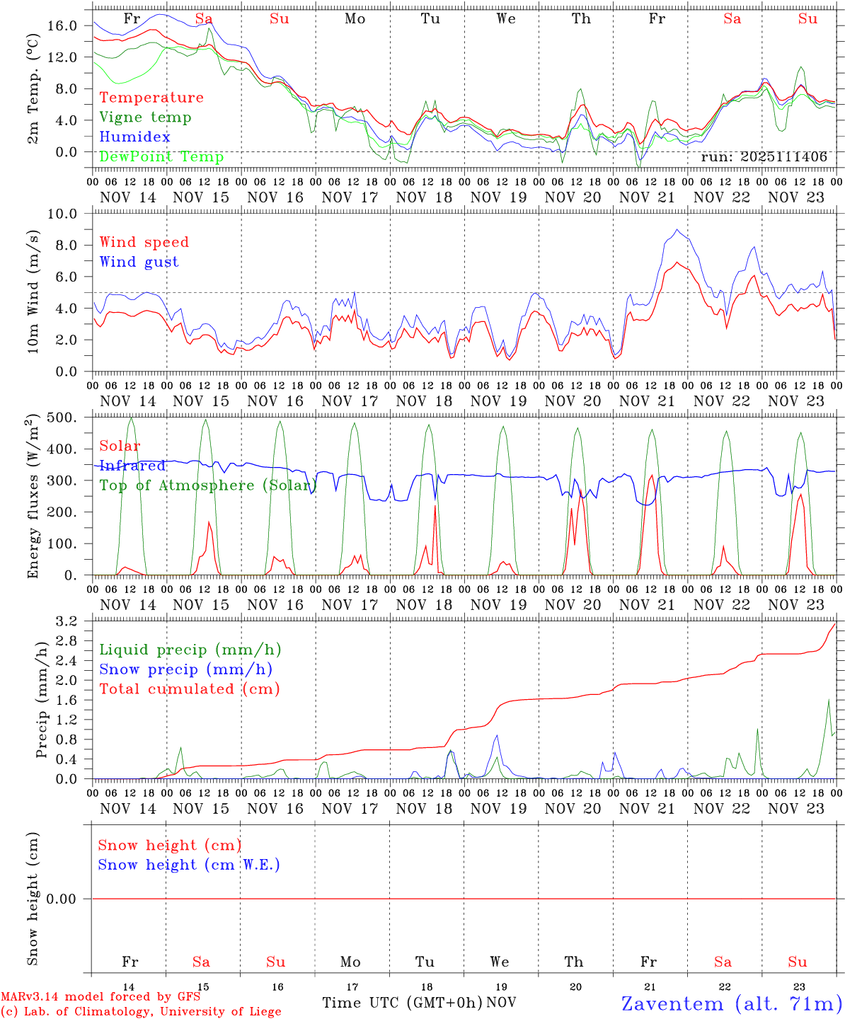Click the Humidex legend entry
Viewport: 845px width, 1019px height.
coord(134,137)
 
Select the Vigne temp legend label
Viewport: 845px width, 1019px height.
coord(145,117)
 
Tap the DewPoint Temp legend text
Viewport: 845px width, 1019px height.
coord(161,156)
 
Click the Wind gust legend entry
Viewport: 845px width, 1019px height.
coord(139,262)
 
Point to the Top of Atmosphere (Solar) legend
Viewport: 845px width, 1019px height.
coord(207,485)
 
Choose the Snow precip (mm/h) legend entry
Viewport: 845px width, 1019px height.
coord(185,669)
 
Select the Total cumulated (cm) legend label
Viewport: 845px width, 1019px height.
coord(189,689)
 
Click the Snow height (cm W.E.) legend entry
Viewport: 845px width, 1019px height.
coord(188,865)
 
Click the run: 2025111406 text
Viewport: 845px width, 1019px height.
coord(764,156)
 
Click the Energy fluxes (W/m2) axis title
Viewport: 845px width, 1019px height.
coord(33,498)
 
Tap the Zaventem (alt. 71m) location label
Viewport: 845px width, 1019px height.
coord(732,1003)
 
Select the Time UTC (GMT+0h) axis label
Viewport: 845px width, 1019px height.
coord(402,1003)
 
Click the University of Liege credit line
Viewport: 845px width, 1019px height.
coord(141,1011)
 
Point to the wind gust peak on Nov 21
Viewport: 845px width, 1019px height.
coord(677,229)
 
